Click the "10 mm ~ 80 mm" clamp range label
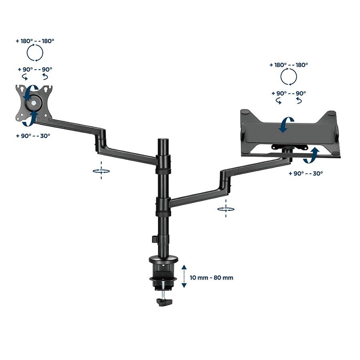(212, 278)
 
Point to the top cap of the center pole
(163, 140)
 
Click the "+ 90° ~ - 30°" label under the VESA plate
(33, 136)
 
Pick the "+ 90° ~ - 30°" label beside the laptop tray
(306, 173)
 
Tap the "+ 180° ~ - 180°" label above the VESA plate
(35, 41)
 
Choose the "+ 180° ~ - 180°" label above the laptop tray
(288, 65)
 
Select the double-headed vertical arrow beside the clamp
(184, 276)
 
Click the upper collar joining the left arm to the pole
(163, 164)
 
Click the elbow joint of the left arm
(100, 140)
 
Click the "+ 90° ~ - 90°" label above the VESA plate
(35, 69)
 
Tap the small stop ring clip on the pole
(154, 239)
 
